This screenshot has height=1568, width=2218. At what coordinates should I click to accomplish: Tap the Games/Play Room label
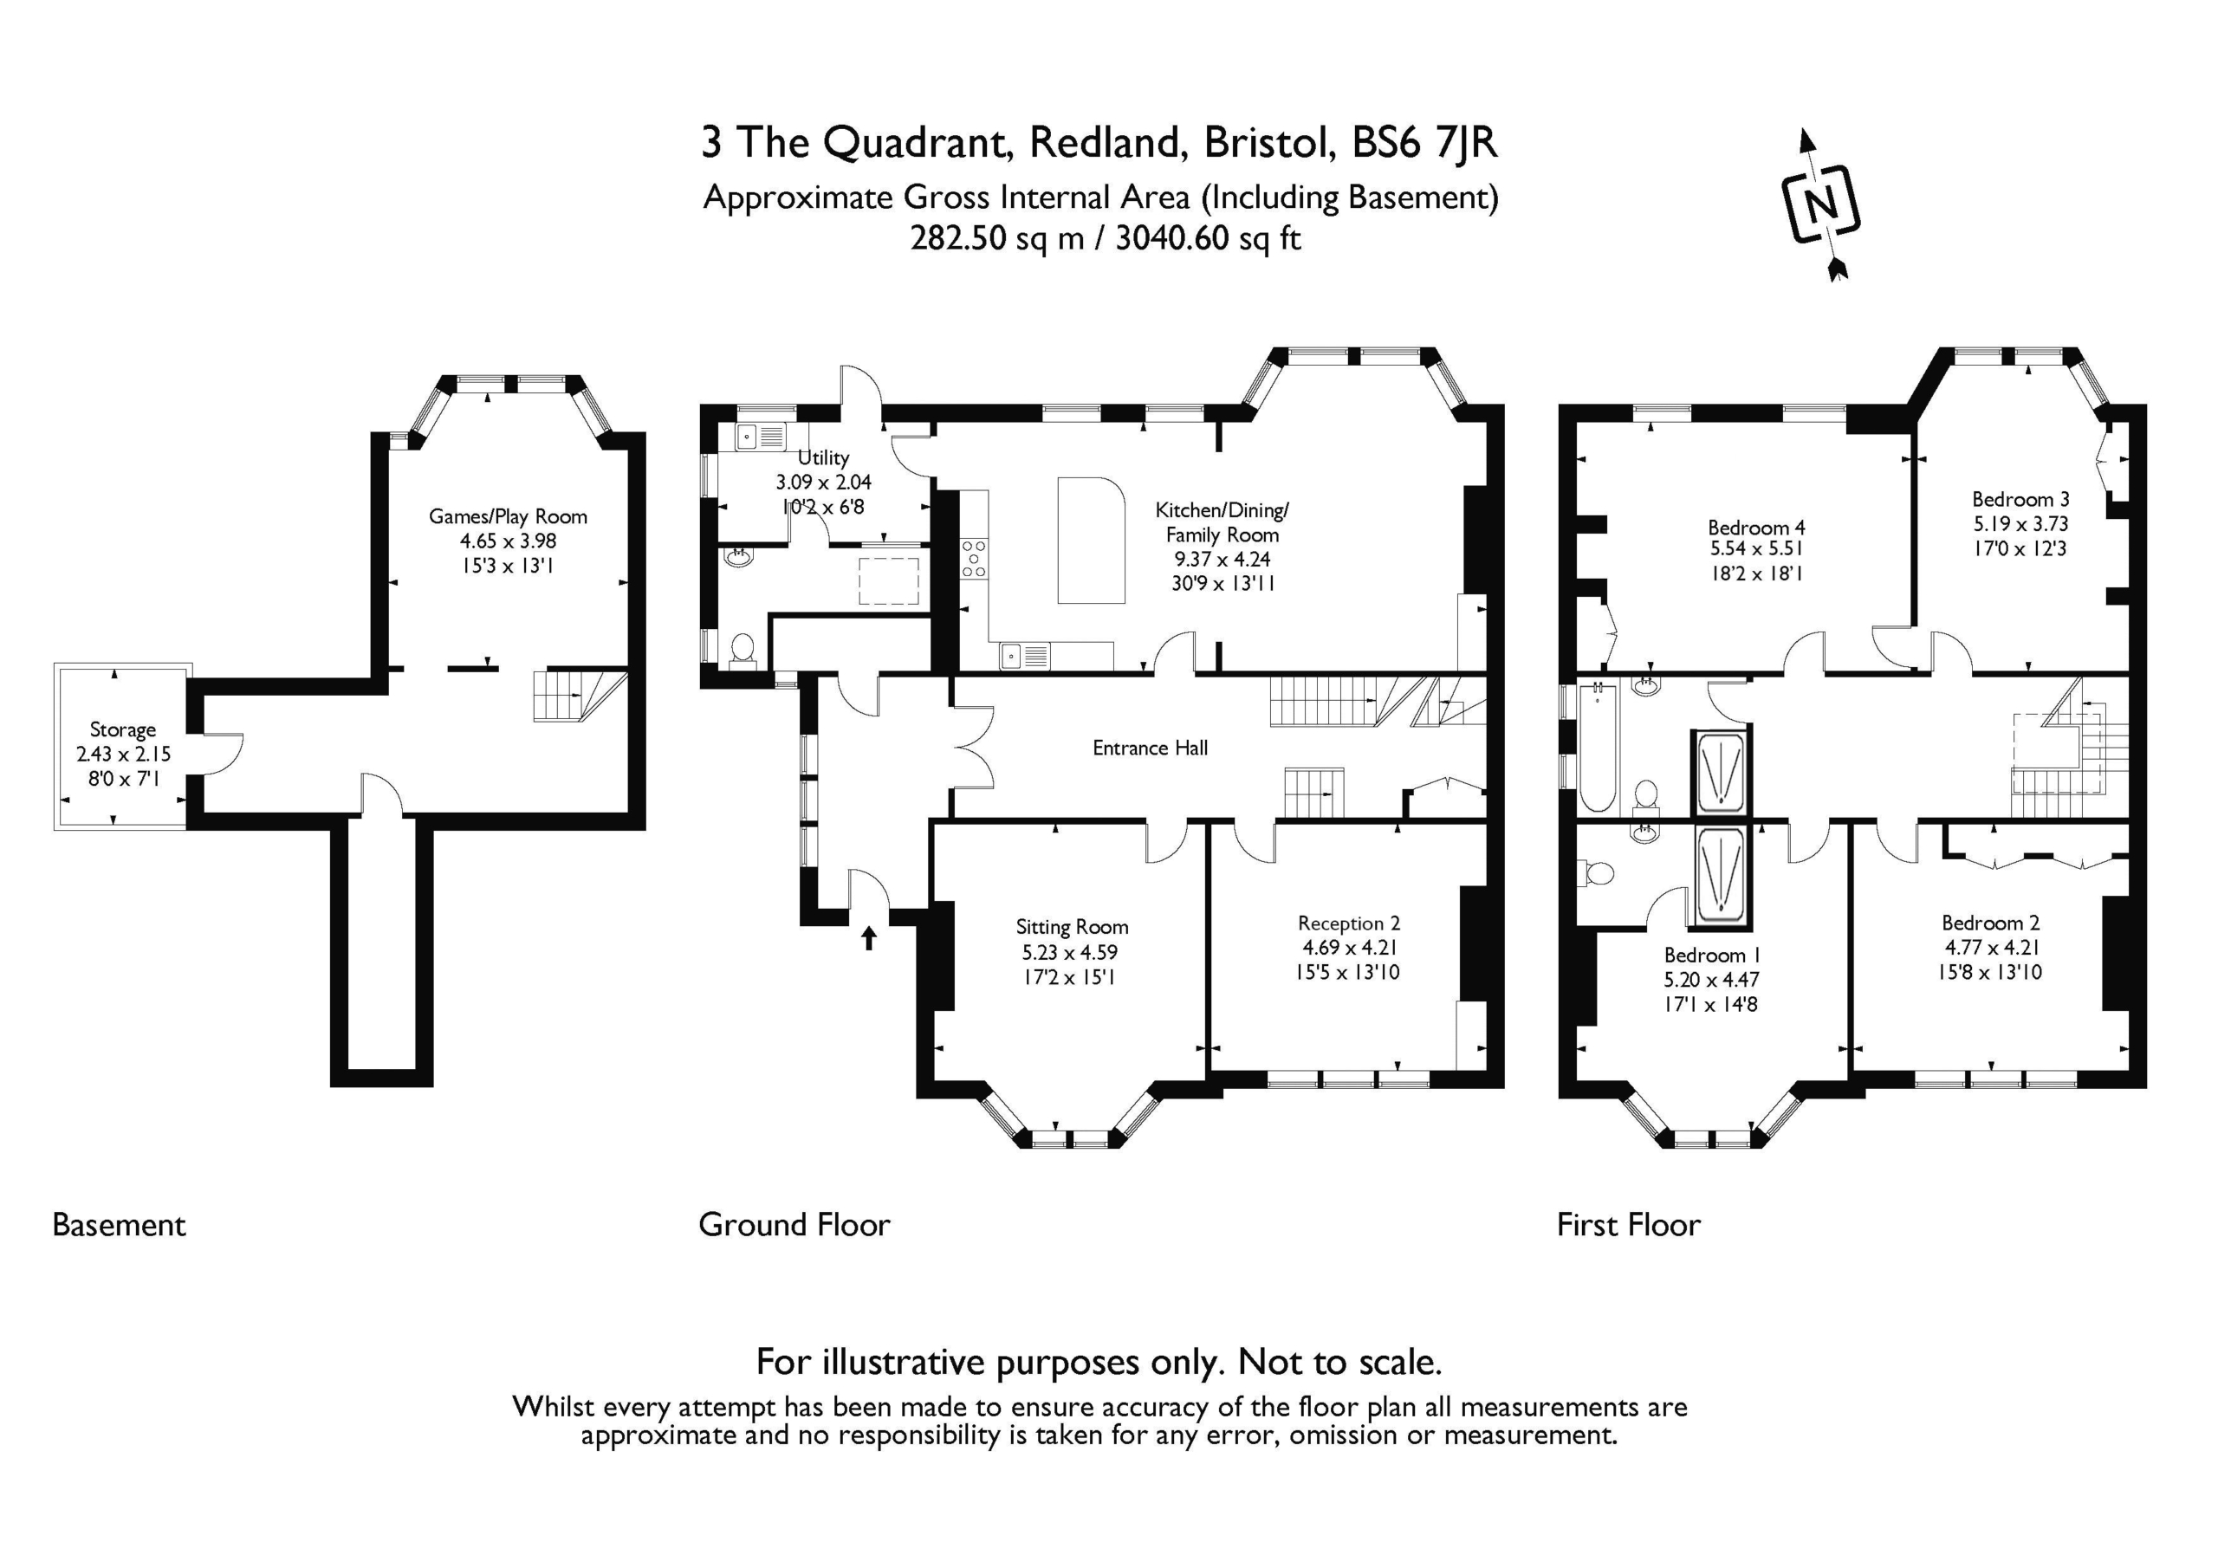(x=507, y=516)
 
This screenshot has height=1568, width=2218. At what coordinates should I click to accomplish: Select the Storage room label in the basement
(x=123, y=729)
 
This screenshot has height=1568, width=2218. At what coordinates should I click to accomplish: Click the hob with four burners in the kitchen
(x=974, y=559)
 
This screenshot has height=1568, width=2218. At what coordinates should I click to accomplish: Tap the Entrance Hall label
(x=1150, y=747)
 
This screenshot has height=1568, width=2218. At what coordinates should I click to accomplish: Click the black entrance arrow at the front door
(x=868, y=937)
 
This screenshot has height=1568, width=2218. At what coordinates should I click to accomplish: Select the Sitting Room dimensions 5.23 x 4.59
(x=1069, y=953)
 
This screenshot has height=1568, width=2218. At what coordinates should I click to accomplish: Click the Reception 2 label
(x=1349, y=923)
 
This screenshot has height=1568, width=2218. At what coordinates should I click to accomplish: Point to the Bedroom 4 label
(x=1756, y=528)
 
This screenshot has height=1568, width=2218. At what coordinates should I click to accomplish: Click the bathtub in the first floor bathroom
(x=1596, y=747)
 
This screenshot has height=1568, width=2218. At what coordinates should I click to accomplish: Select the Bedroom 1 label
(x=1712, y=955)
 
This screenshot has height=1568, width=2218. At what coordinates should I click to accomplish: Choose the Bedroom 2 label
(x=1991, y=923)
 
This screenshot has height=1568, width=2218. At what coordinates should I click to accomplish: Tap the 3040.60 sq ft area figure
(x=1208, y=237)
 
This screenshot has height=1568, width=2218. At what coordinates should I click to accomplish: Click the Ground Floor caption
(x=794, y=1224)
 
